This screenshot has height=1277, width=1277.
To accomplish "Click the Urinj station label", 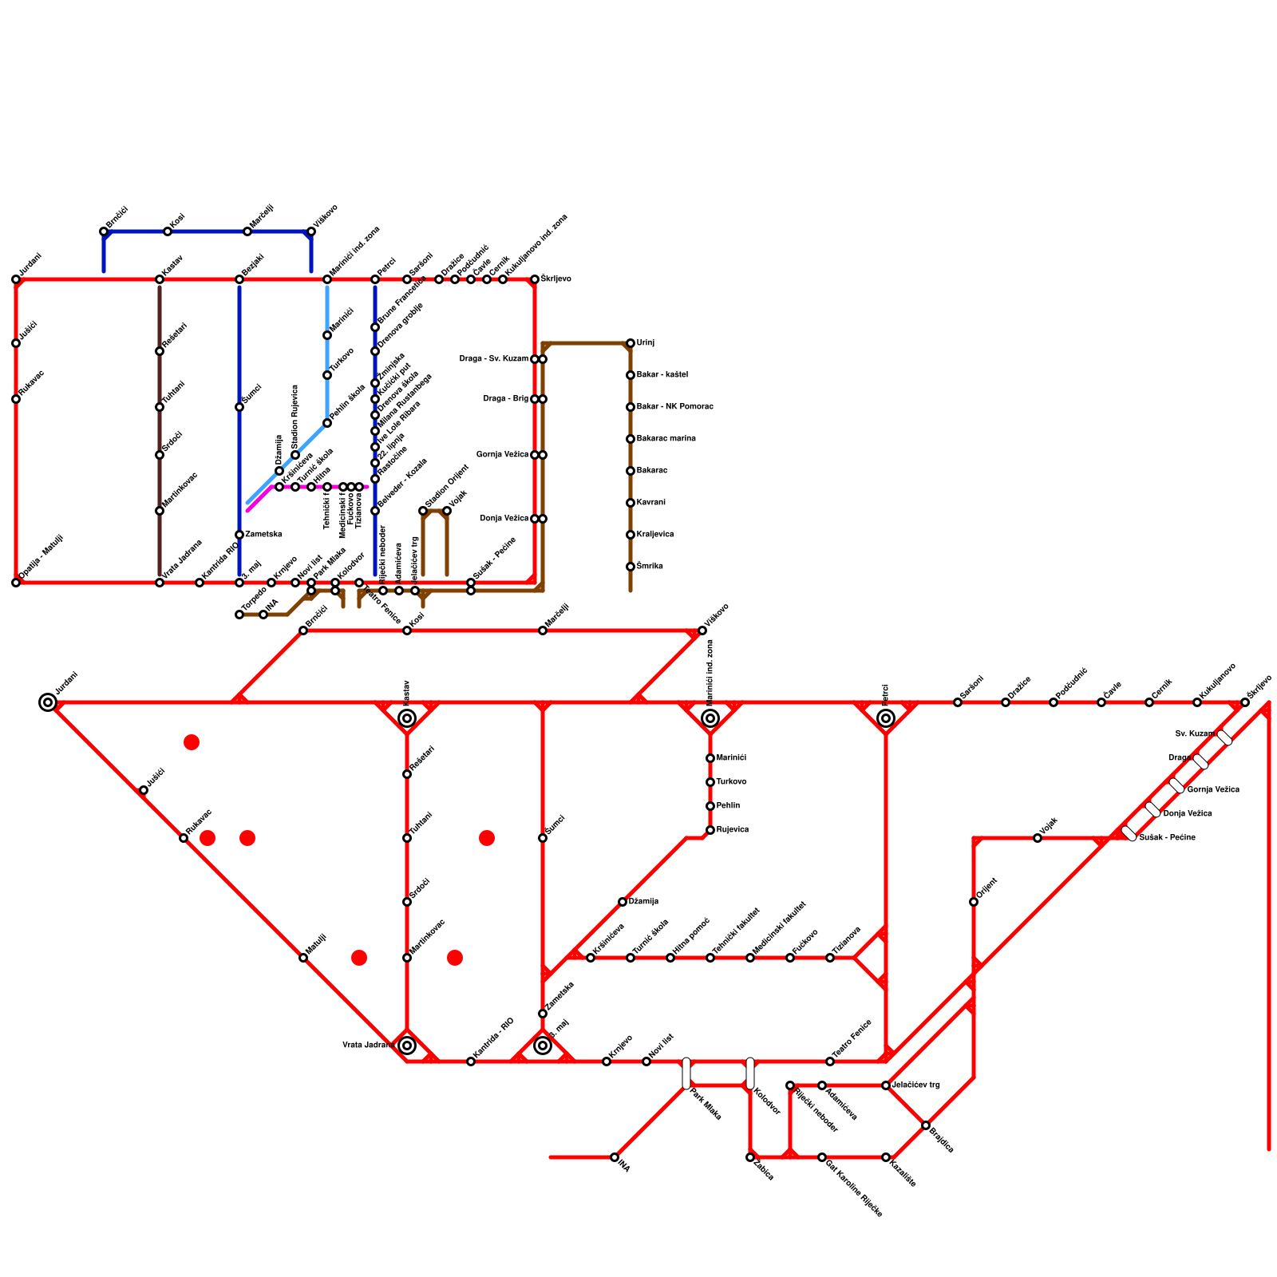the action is [646, 343].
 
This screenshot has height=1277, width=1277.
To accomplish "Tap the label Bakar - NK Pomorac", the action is [674, 407].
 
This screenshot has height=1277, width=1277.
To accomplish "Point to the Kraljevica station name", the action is [655, 535].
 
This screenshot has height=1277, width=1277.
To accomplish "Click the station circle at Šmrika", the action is [631, 567].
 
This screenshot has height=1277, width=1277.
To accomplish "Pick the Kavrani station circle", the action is [631, 503].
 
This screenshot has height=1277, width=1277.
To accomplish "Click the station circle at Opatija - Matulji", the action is [16, 583].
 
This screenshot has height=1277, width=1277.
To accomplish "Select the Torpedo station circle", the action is [239, 615].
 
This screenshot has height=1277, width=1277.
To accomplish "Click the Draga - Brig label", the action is [505, 399].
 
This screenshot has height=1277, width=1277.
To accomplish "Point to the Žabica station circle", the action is [750, 1157].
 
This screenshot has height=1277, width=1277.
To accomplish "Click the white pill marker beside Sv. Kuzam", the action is [1225, 737].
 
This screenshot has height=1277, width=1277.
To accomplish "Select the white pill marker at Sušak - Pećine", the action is [1129, 833].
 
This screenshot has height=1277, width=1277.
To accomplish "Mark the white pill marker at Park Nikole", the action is [686, 1073].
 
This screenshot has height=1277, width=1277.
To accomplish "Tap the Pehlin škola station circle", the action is [327, 423].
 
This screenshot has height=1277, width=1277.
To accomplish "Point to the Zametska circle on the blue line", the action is [239, 535].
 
